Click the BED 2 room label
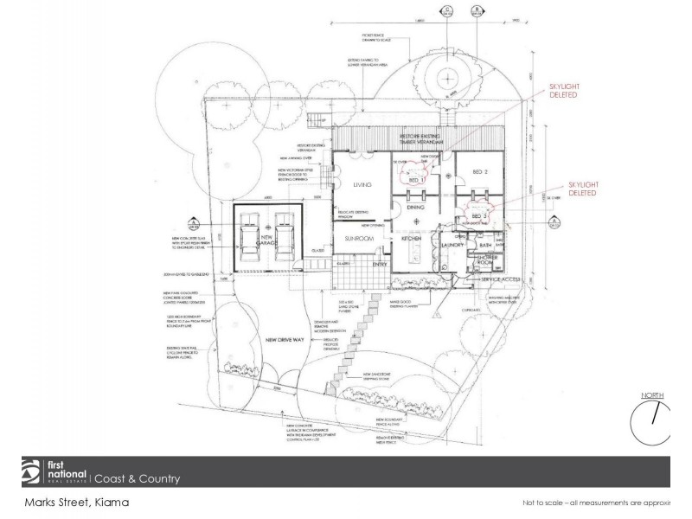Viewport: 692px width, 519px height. point(481,173)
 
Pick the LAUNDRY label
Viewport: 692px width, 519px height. point(452,246)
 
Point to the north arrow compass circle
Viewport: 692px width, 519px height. point(652,422)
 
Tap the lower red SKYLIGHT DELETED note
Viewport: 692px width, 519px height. point(584,189)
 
